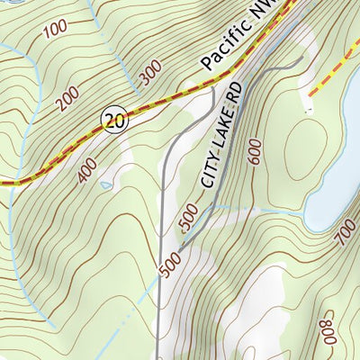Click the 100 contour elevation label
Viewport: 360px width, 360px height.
tap(54, 26)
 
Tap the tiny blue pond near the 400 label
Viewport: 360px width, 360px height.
tap(106, 185)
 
